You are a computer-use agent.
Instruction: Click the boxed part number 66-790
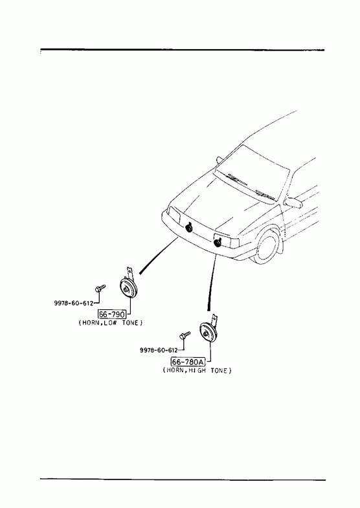click(x=112, y=314)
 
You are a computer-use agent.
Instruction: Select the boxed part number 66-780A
click(x=188, y=361)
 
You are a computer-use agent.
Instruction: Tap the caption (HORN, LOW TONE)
click(x=111, y=323)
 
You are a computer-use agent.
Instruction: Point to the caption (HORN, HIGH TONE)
click(x=197, y=370)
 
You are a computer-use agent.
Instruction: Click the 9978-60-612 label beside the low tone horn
click(x=74, y=304)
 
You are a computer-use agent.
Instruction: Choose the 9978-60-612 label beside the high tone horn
click(x=159, y=350)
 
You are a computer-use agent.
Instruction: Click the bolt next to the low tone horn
click(x=100, y=288)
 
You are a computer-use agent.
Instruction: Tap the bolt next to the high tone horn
click(x=185, y=335)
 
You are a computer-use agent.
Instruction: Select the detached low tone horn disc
click(x=128, y=289)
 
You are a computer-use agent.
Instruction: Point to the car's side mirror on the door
click(x=293, y=201)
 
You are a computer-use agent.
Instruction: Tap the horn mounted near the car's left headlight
click(x=218, y=241)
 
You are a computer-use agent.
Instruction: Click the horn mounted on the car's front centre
click(x=189, y=228)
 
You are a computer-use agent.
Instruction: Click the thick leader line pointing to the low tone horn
click(x=159, y=256)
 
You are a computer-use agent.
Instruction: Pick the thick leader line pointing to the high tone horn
click(x=212, y=283)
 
